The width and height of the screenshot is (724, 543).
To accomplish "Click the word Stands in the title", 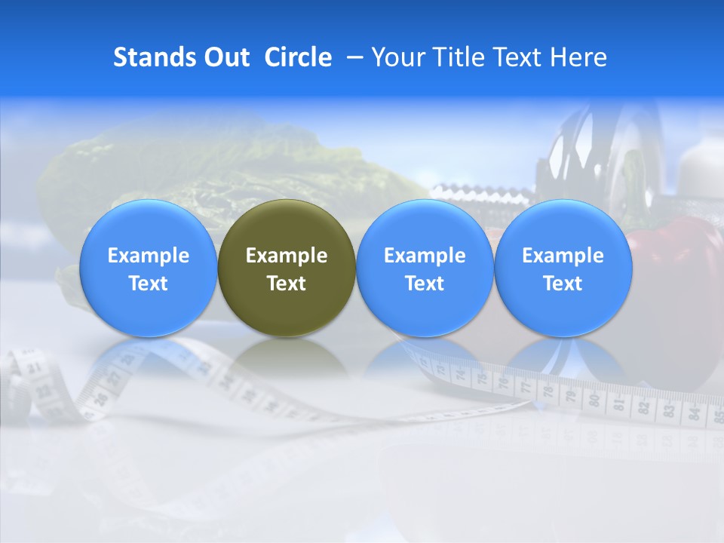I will pos(149,57).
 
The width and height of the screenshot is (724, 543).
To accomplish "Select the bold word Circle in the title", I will pos(298,57).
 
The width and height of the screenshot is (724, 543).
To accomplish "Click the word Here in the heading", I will pos(578,57).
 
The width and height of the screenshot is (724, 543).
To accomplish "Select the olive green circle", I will pos(287,268).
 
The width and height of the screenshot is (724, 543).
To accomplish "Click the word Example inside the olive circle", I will pos(287,256).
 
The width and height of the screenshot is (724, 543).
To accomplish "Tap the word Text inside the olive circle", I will pos(287,284).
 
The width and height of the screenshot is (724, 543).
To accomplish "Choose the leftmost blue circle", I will pos(149,268).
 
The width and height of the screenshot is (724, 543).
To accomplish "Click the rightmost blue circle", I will pos(563,268).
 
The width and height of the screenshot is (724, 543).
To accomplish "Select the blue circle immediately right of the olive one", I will pos(425,268).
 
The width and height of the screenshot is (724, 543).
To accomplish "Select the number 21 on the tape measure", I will pos(34,368).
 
